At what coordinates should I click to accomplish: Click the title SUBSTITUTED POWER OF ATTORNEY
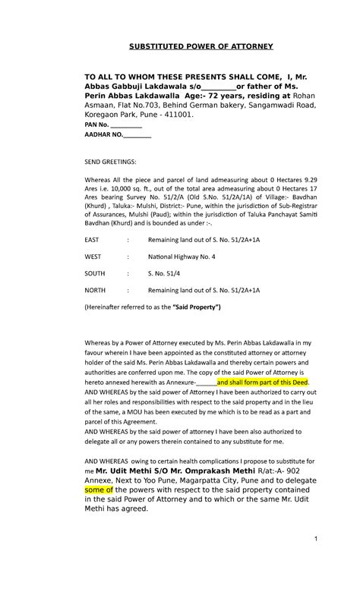click(x=201, y=47)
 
